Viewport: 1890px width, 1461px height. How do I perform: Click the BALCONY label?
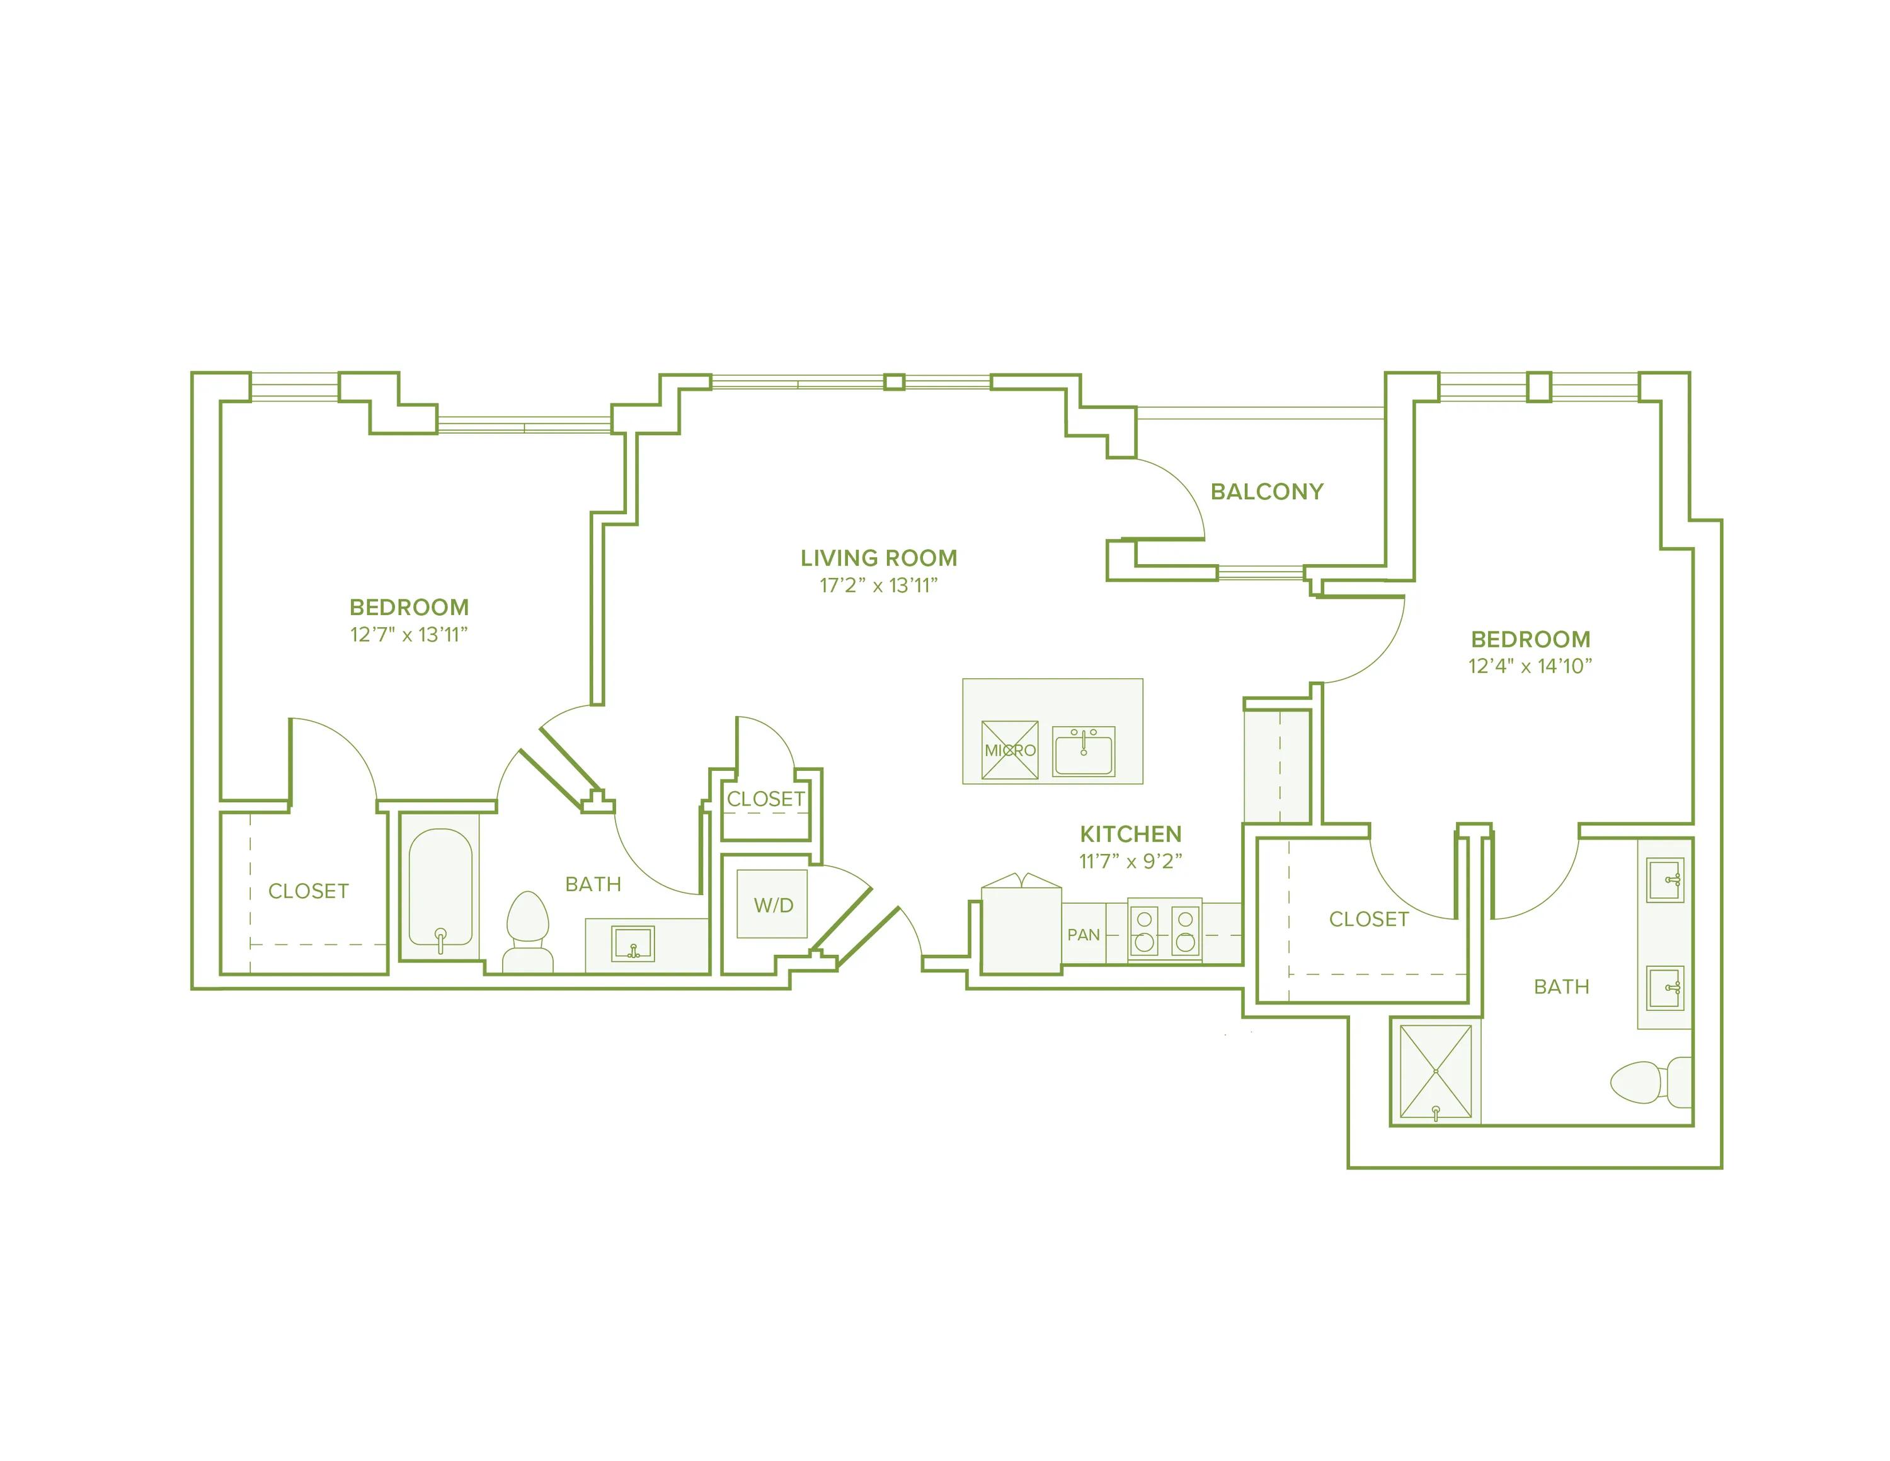(1267, 492)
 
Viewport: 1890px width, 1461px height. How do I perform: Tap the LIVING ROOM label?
(878, 558)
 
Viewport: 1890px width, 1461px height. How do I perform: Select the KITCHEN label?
(1130, 834)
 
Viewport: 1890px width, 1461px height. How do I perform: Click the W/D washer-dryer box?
(772, 904)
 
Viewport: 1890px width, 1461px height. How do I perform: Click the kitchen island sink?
(1084, 751)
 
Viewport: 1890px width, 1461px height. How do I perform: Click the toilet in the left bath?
(528, 932)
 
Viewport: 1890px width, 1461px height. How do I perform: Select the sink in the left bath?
(633, 944)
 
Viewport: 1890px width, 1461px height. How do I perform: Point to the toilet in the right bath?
(1651, 1082)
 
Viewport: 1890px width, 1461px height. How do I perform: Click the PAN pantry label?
(1084, 935)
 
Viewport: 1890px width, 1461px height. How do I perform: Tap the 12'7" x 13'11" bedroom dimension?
(408, 635)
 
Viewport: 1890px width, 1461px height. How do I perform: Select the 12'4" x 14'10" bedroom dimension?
(1530, 666)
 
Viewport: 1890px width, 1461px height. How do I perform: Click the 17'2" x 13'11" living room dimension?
(878, 585)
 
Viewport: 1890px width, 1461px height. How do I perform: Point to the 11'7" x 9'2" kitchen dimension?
(1130, 861)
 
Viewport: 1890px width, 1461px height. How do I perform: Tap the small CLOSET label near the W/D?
(766, 799)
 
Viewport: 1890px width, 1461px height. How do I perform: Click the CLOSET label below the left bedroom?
(308, 891)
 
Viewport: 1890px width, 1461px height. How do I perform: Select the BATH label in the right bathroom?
(1561, 986)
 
